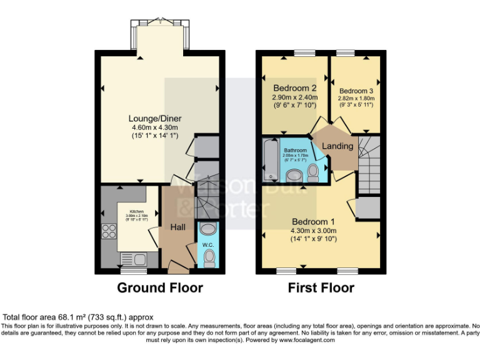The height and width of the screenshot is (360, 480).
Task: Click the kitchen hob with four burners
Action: coord(107,231)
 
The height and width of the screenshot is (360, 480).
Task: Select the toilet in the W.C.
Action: coord(209,257)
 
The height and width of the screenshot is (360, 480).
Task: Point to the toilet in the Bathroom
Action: coord(313,171)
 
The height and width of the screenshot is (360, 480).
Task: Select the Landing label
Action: coord(337,146)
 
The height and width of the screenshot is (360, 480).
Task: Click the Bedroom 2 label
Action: coord(294,88)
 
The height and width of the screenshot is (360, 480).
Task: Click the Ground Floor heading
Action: coord(160,288)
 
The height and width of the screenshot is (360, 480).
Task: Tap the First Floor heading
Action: coord(321,288)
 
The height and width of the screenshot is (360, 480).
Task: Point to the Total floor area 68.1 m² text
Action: coord(78,317)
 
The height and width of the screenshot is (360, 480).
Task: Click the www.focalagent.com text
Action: coord(307,341)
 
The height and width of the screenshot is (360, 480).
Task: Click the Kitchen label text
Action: coord(137,211)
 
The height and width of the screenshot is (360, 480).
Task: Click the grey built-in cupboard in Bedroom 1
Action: coord(367,207)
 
